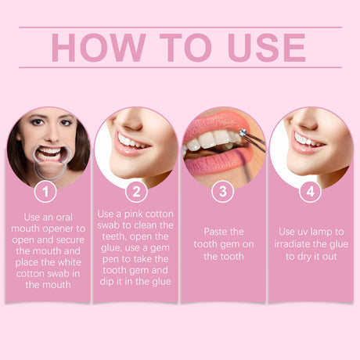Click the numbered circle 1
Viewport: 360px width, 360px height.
tap(47, 190)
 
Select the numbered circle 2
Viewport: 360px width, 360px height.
tap(135, 190)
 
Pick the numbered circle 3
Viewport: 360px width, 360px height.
tap(223, 190)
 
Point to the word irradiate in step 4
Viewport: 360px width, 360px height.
tap(298, 243)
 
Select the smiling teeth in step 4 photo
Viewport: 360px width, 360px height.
tap(307, 140)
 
